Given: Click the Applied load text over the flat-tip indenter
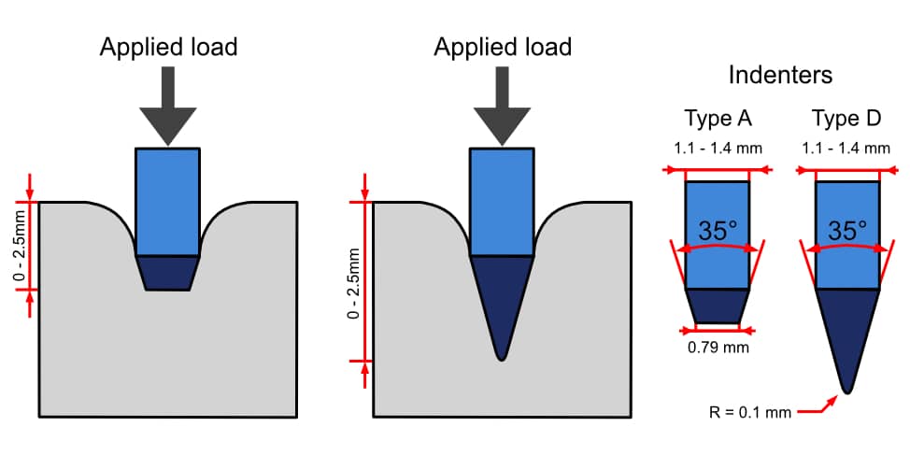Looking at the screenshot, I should point(168,47).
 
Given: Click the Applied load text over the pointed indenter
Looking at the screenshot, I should point(502,47).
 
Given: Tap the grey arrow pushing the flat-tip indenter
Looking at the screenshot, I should point(167,107).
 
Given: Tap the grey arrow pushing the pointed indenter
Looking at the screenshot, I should point(502,107).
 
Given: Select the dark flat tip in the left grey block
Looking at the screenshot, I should point(167,272).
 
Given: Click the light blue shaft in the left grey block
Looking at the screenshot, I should point(167,201).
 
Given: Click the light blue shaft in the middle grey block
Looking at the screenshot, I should point(502,201).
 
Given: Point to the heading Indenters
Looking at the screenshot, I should point(782,75).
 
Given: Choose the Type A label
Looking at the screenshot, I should point(718,119).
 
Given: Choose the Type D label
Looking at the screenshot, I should point(847,119).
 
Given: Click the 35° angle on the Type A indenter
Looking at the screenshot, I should point(718,231).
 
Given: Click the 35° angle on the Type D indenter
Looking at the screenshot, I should point(847,231).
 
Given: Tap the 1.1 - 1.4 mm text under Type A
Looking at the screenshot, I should point(718,148).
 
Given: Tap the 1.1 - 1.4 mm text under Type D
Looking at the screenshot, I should point(847,148).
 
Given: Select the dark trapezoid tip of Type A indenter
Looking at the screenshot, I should point(717,306).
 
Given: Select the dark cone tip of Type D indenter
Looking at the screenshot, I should point(847,332).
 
